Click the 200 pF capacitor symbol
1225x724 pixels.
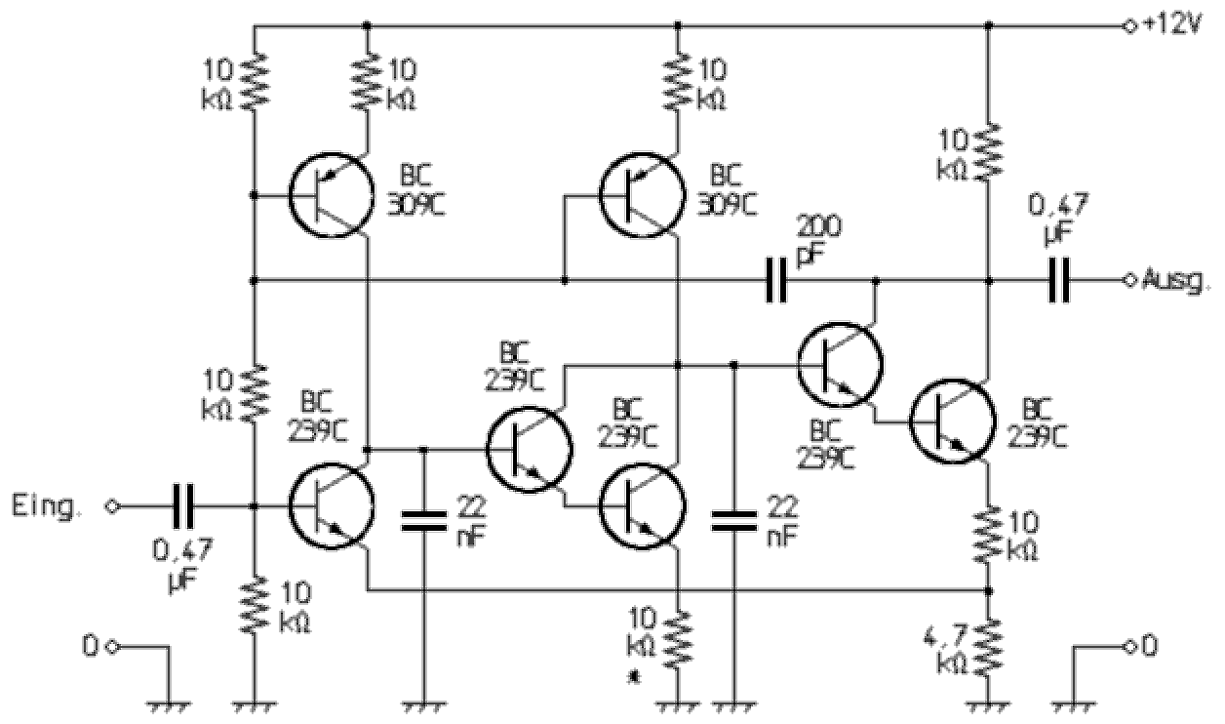tap(775, 281)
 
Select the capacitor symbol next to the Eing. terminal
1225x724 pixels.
tap(182, 505)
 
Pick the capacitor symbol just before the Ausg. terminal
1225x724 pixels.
tap(1059, 281)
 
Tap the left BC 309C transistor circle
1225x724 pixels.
tap(332, 195)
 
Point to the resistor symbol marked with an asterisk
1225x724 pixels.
tap(678, 639)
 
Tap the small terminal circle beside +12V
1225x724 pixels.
tap(1129, 25)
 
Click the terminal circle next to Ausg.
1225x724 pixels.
tap(1129, 281)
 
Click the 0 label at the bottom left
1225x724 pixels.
tap(91, 645)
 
